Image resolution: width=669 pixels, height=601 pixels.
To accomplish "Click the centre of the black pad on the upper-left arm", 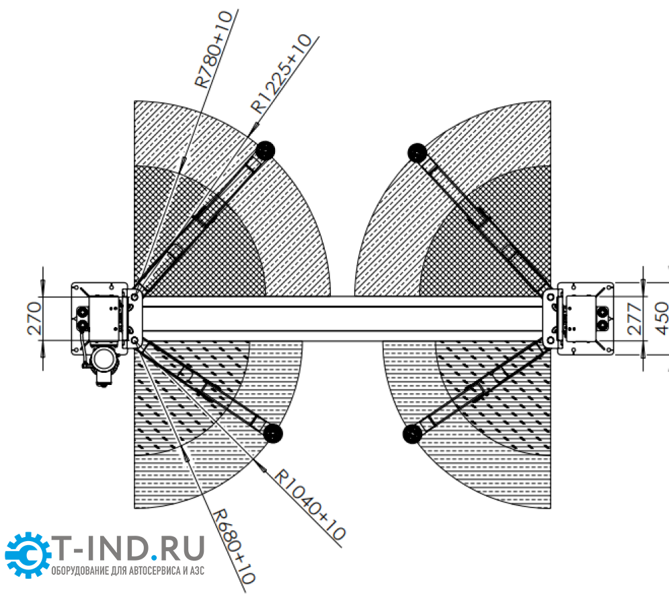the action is pyautogui.click(x=265, y=150).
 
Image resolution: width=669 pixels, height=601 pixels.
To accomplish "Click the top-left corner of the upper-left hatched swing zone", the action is pyautogui.click(x=134, y=101).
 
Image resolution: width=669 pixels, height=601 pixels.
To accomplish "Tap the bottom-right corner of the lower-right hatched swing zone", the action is pyautogui.click(x=551, y=508).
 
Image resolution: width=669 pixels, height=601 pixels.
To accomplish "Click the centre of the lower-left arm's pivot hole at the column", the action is pyautogui.click(x=134, y=341).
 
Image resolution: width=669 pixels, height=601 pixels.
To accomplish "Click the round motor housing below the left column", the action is pyautogui.click(x=103, y=359).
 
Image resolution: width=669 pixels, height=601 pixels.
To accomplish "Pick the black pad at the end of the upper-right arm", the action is pyautogui.click(x=418, y=153).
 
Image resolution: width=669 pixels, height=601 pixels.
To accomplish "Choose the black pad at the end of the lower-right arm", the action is pyautogui.click(x=413, y=433).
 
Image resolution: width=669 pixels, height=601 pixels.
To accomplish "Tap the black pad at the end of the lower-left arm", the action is pyautogui.click(x=272, y=433).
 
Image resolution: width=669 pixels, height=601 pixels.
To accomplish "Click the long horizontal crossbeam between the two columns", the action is pyautogui.click(x=342, y=318).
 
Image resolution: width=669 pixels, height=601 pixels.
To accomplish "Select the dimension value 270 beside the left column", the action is pyautogui.click(x=34, y=318).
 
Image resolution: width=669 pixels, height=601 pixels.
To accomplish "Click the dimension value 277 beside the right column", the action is pyautogui.click(x=635, y=318).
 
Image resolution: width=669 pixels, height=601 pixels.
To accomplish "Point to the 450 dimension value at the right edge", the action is pyautogui.click(x=661, y=318).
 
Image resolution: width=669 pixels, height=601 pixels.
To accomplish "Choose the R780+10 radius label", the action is pyautogui.click(x=213, y=49).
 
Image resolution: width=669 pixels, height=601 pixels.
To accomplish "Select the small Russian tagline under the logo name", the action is pyautogui.click(x=128, y=571).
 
